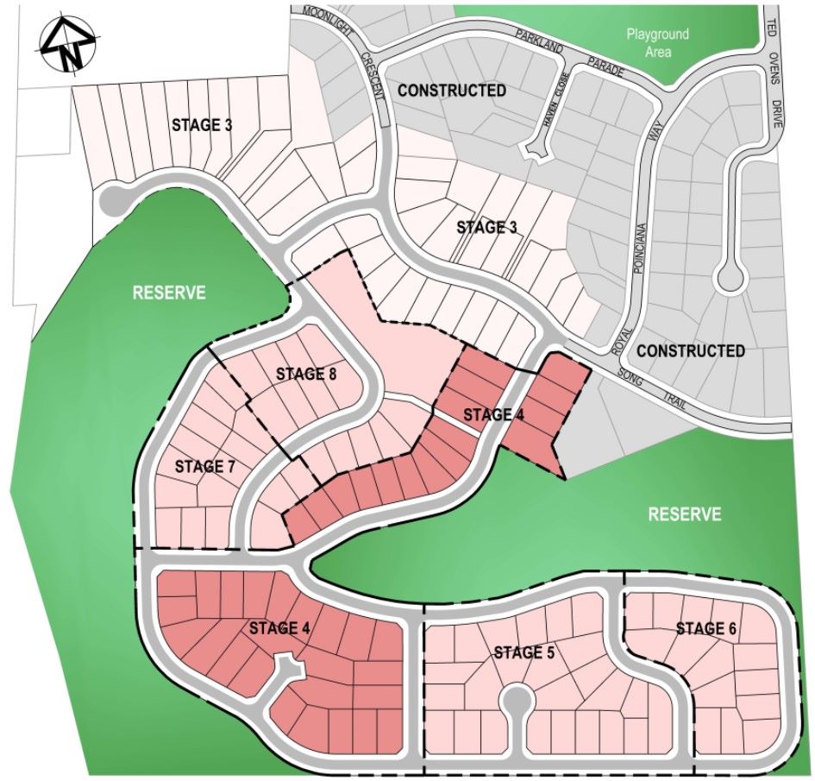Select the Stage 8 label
click(x=306, y=375)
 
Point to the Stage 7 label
click(x=205, y=467)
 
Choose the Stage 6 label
click(x=706, y=629)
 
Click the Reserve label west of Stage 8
click(x=169, y=293)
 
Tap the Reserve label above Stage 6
click(x=685, y=515)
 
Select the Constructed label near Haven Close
click(x=452, y=91)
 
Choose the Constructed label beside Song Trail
click(x=691, y=351)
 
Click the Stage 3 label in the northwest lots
click(x=202, y=125)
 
